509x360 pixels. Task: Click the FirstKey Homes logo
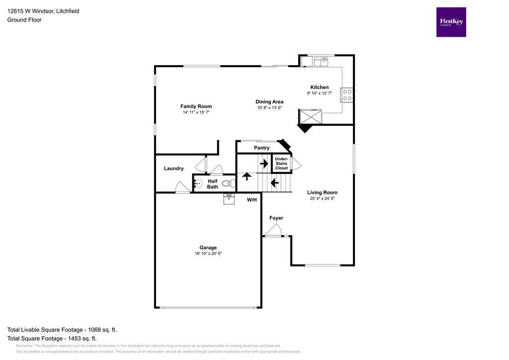click(451, 22)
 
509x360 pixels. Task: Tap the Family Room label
click(196, 106)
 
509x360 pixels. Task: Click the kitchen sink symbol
click(321, 62)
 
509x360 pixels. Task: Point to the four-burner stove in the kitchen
click(346, 94)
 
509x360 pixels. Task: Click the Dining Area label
click(269, 101)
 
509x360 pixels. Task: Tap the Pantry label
click(261, 148)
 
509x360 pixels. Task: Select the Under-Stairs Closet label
click(281, 164)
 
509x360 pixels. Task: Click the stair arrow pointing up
click(246, 177)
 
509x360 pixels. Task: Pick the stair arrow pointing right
click(264, 163)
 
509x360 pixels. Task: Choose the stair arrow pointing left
click(273, 182)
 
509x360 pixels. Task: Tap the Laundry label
click(173, 169)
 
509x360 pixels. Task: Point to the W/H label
click(252, 200)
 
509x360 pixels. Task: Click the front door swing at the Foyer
click(273, 230)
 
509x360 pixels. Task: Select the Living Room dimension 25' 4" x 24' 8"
click(322, 198)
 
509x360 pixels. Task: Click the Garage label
click(208, 248)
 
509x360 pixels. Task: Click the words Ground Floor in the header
click(24, 20)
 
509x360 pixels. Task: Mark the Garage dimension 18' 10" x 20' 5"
click(208, 254)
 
